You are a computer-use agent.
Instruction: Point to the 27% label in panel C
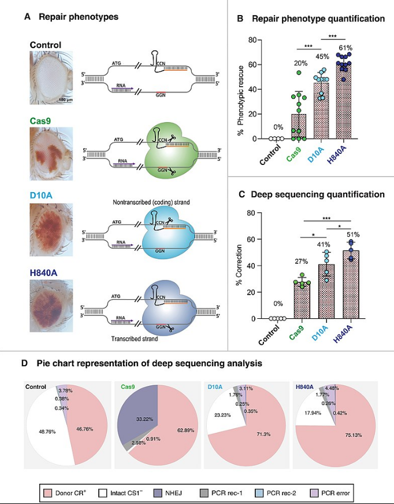coord(301,262)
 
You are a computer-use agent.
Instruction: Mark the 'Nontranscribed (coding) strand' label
coord(151,201)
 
